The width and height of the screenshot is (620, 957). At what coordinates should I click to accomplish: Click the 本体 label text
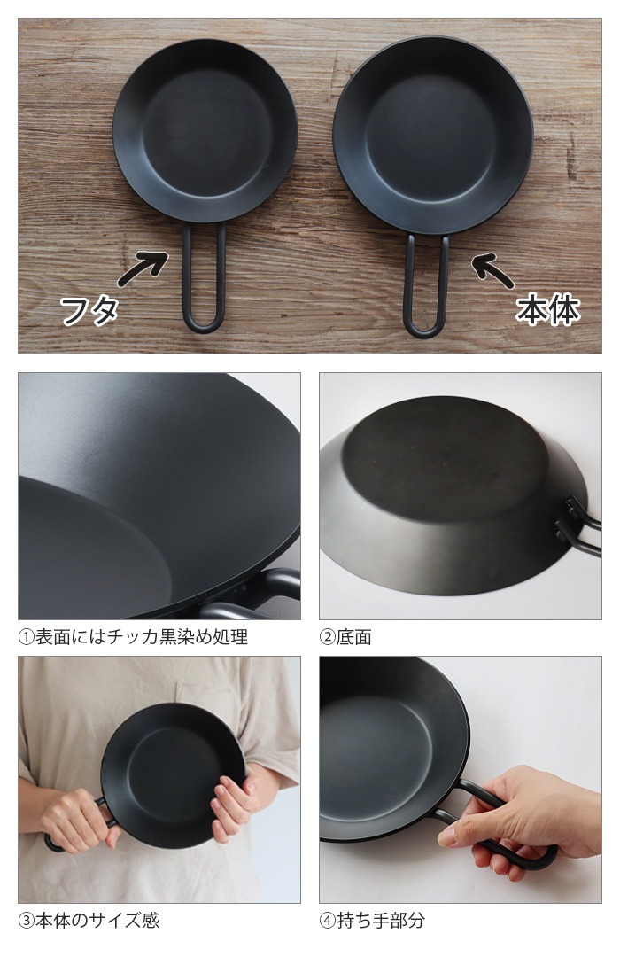click(548, 311)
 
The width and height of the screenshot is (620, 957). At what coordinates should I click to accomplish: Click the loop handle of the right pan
click(426, 288)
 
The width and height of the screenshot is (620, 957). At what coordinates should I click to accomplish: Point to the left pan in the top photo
click(205, 130)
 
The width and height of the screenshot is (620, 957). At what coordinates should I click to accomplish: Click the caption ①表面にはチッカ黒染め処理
click(133, 637)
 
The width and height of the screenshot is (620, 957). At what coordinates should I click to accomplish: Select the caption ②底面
click(345, 637)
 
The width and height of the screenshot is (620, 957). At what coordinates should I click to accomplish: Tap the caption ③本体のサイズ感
click(89, 920)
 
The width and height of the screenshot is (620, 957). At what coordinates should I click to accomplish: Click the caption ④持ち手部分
click(372, 920)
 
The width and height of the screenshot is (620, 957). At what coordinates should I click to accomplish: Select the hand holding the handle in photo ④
click(523, 820)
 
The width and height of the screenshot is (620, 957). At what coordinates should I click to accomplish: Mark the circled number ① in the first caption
click(26, 637)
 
